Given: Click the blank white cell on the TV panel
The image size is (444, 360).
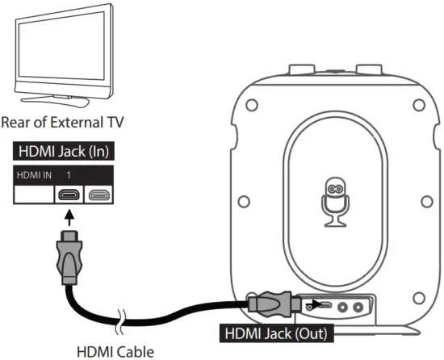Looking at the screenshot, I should [x=31, y=195].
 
